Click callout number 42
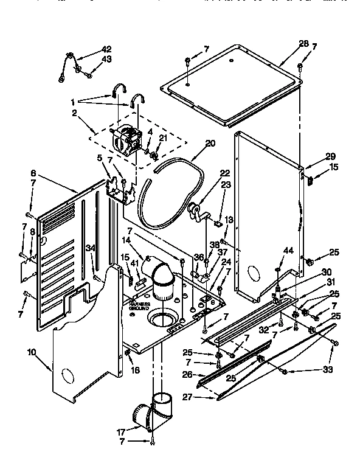tap(106, 49)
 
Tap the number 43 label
tap(106, 59)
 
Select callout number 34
tap(91, 247)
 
